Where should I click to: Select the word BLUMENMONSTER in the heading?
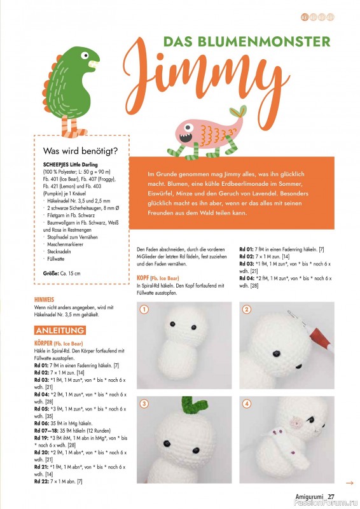pos(281,42)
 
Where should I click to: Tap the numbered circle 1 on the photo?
pos(145,310)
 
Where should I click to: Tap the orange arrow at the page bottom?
pos(349,483)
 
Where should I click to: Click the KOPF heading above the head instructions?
pos(144,278)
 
